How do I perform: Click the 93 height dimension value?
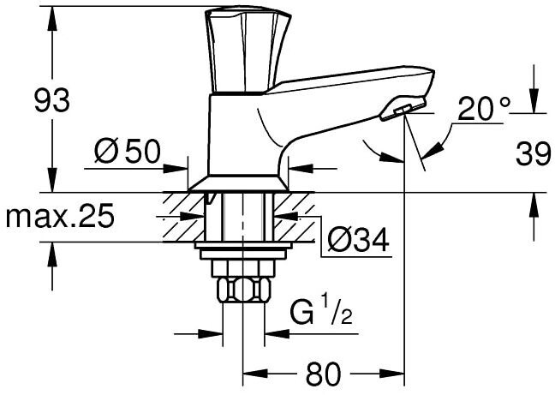click(52, 100)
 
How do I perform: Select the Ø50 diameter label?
click(128, 152)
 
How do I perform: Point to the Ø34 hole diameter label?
click(358, 240)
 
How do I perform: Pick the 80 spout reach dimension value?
click(323, 374)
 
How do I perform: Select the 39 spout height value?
click(534, 153)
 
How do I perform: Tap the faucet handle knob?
click(248, 50)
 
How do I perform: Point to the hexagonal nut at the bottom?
click(243, 290)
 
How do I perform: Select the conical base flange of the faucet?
click(238, 183)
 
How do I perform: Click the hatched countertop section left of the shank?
click(183, 218)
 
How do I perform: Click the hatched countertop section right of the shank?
click(295, 218)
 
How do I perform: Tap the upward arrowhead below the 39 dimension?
click(534, 206)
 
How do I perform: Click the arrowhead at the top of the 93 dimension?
click(52, 19)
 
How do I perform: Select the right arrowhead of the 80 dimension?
click(391, 374)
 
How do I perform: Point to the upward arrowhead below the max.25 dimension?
click(52, 254)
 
